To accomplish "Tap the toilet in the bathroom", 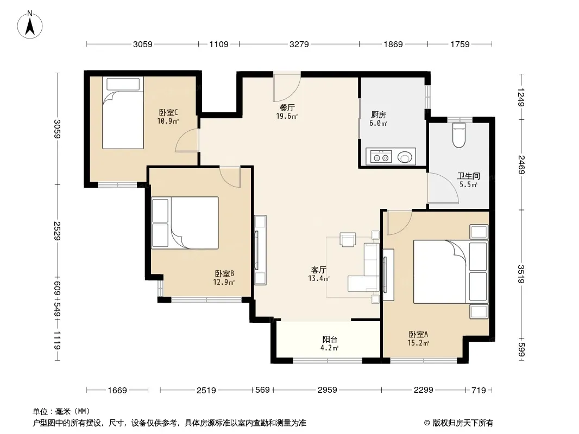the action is point(458,135).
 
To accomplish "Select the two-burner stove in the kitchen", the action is point(381,157).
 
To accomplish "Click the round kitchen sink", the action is point(404,157).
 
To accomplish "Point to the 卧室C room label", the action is point(168,112).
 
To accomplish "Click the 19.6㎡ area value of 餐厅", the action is point(287,117).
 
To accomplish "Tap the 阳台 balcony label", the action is point(330,340).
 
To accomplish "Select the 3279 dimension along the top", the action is point(299,44).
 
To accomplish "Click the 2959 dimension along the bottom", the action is point(328,390).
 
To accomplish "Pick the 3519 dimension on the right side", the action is point(521,275).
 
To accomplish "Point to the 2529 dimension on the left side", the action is point(57,231).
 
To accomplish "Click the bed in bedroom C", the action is point(123,113).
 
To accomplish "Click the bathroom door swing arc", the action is point(443,188).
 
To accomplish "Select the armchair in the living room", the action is point(348,239).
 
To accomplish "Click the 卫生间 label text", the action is point(469,176).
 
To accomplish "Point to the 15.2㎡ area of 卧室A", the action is point(418,343).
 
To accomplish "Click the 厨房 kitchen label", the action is point(379,115).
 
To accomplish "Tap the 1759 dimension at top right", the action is point(460,44).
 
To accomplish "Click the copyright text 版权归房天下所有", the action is point(463,423).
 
